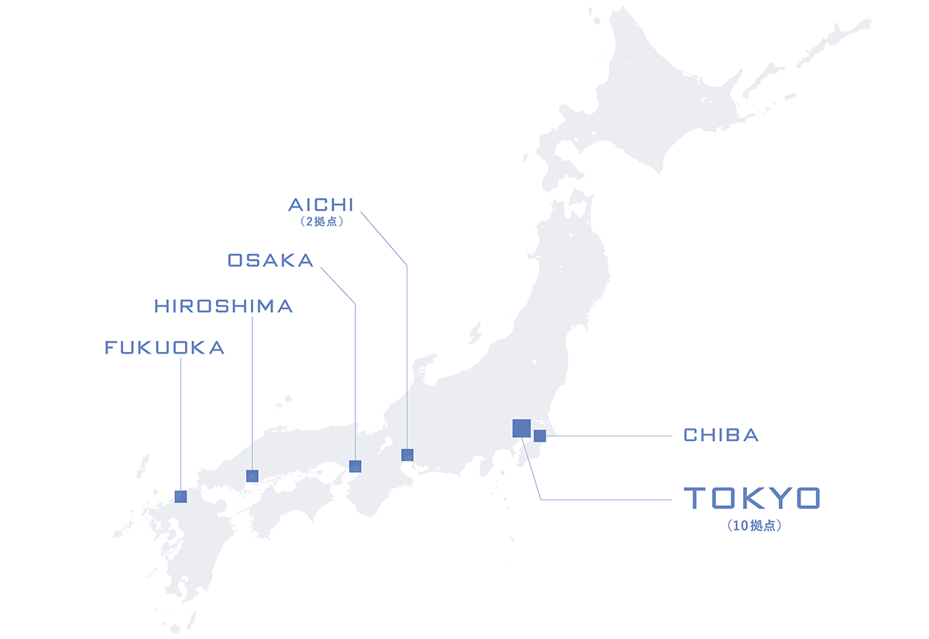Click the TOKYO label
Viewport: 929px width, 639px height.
click(750, 498)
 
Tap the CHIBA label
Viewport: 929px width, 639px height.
click(721, 436)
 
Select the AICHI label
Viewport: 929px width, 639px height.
click(321, 205)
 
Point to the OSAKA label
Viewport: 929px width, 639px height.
click(271, 261)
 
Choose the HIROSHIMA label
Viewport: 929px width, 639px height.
click(224, 306)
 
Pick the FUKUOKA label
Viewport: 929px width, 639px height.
click(165, 348)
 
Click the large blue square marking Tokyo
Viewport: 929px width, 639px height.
click(521, 428)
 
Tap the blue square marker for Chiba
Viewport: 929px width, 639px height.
click(540, 436)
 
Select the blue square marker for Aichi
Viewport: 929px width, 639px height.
click(407, 455)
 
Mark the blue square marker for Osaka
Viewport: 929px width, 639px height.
click(355, 466)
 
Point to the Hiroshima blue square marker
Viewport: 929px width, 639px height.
click(252, 476)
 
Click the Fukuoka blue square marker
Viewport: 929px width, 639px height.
click(180, 497)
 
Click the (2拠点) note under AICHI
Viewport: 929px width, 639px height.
click(321, 221)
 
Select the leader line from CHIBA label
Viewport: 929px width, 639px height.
click(612, 436)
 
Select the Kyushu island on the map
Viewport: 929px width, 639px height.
click(194, 549)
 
